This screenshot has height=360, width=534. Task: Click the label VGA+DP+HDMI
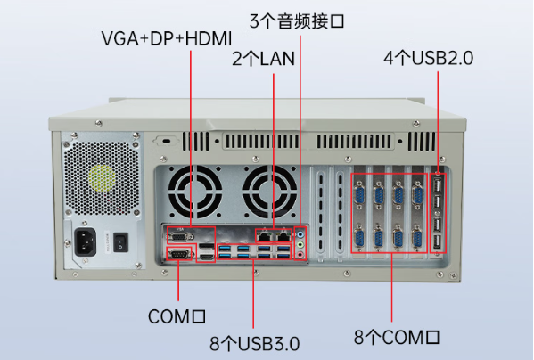tap(166, 38)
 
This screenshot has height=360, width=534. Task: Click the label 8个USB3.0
tap(254, 342)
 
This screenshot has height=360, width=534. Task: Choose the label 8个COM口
tap(397, 337)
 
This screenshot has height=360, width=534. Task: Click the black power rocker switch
tap(122, 240)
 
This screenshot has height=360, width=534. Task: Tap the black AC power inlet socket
tap(89, 241)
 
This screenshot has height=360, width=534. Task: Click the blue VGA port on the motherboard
tap(178, 237)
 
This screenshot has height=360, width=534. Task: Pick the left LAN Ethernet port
tap(266, 236)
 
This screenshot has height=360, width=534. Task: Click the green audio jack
tap(300, 241)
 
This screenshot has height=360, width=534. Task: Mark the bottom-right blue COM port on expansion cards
tap(418, 236)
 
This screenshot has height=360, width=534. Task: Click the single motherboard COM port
tap(178, 255)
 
